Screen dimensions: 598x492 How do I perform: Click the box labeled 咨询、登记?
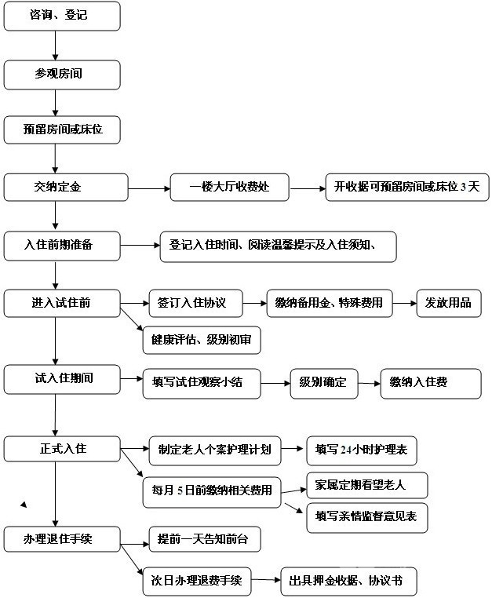[x=63, y=16]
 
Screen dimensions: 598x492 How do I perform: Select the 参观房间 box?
[x=63, y=74]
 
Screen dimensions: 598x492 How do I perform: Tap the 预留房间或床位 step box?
[x=63, y=129]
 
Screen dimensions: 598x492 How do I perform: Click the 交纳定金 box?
[x=66, y=188]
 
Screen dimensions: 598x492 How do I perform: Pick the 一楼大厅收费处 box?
[x=229, y=188]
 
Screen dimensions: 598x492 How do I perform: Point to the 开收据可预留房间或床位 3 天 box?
[x=406, y=188]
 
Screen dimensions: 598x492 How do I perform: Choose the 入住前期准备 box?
[x=63, y=246]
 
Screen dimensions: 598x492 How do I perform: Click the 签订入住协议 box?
[x=195, y=303]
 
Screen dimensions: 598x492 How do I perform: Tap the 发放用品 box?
[x=448, y=303]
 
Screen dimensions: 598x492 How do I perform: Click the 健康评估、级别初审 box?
[x=201, y=341]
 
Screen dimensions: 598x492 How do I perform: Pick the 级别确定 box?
[x=323, y=382]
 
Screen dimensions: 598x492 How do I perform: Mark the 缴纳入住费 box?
[x=430, y=382]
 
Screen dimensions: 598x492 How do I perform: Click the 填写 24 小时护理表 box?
[x=361, y=450]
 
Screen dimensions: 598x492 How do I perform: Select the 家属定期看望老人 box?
[x=366, y=485]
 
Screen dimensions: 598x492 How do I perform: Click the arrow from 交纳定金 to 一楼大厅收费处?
[x=149, y=188]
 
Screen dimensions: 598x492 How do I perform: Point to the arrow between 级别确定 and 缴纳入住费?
[x=369, y=384]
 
